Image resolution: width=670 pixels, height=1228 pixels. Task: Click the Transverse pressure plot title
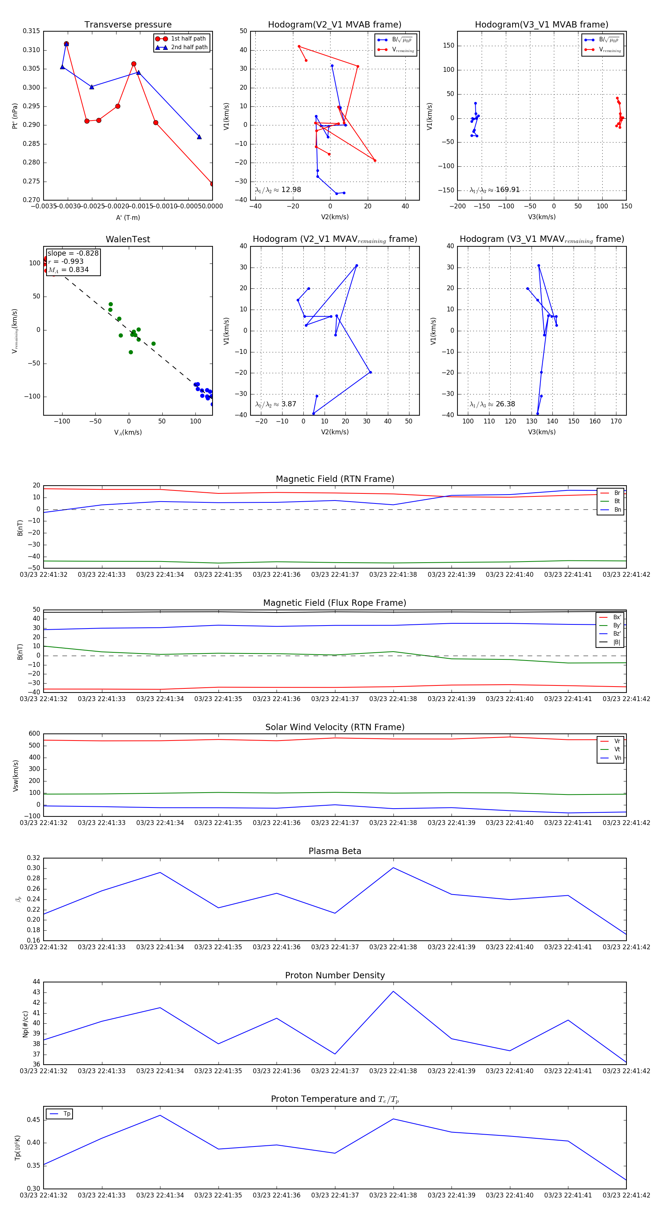tap(128, 25)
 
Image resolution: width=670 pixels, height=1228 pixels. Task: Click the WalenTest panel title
tap(128, 239)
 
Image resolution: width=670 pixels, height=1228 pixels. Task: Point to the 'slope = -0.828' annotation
tap(73, 253)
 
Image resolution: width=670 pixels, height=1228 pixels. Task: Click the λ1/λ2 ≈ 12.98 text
tap(278, 190)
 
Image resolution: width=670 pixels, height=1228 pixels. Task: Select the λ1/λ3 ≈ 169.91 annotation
tap(495, 190)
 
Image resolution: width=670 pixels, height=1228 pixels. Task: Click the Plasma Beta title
tap(335, 851)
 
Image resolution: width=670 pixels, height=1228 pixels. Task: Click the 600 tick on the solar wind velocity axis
tap(34, 734)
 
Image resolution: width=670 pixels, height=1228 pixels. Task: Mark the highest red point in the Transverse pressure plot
tap(66, 44)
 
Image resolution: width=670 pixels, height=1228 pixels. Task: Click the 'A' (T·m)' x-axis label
tap(128, 218)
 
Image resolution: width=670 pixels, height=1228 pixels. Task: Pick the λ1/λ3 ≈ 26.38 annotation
tap(492, 404)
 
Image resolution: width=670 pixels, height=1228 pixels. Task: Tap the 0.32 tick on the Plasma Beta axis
tap(33, 858)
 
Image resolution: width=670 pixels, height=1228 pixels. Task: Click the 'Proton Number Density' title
tap(335, 975)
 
